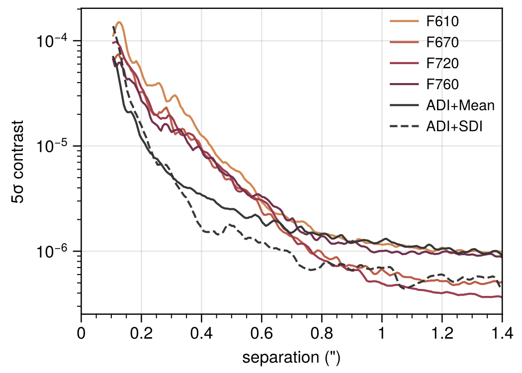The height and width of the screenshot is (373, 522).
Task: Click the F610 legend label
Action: [x=442, y=22]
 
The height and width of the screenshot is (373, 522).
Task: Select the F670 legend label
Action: [x=442, y=43]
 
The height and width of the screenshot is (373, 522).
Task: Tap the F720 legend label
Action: [x=442, y=64]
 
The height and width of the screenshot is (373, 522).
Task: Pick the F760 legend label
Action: [x=442, y=85]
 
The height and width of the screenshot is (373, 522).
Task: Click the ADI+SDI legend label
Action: [x=455, y=126]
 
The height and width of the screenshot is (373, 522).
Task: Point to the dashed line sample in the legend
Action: [x=404, y=126]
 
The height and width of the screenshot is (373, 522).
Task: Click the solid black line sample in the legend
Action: [x=404, y=105]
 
